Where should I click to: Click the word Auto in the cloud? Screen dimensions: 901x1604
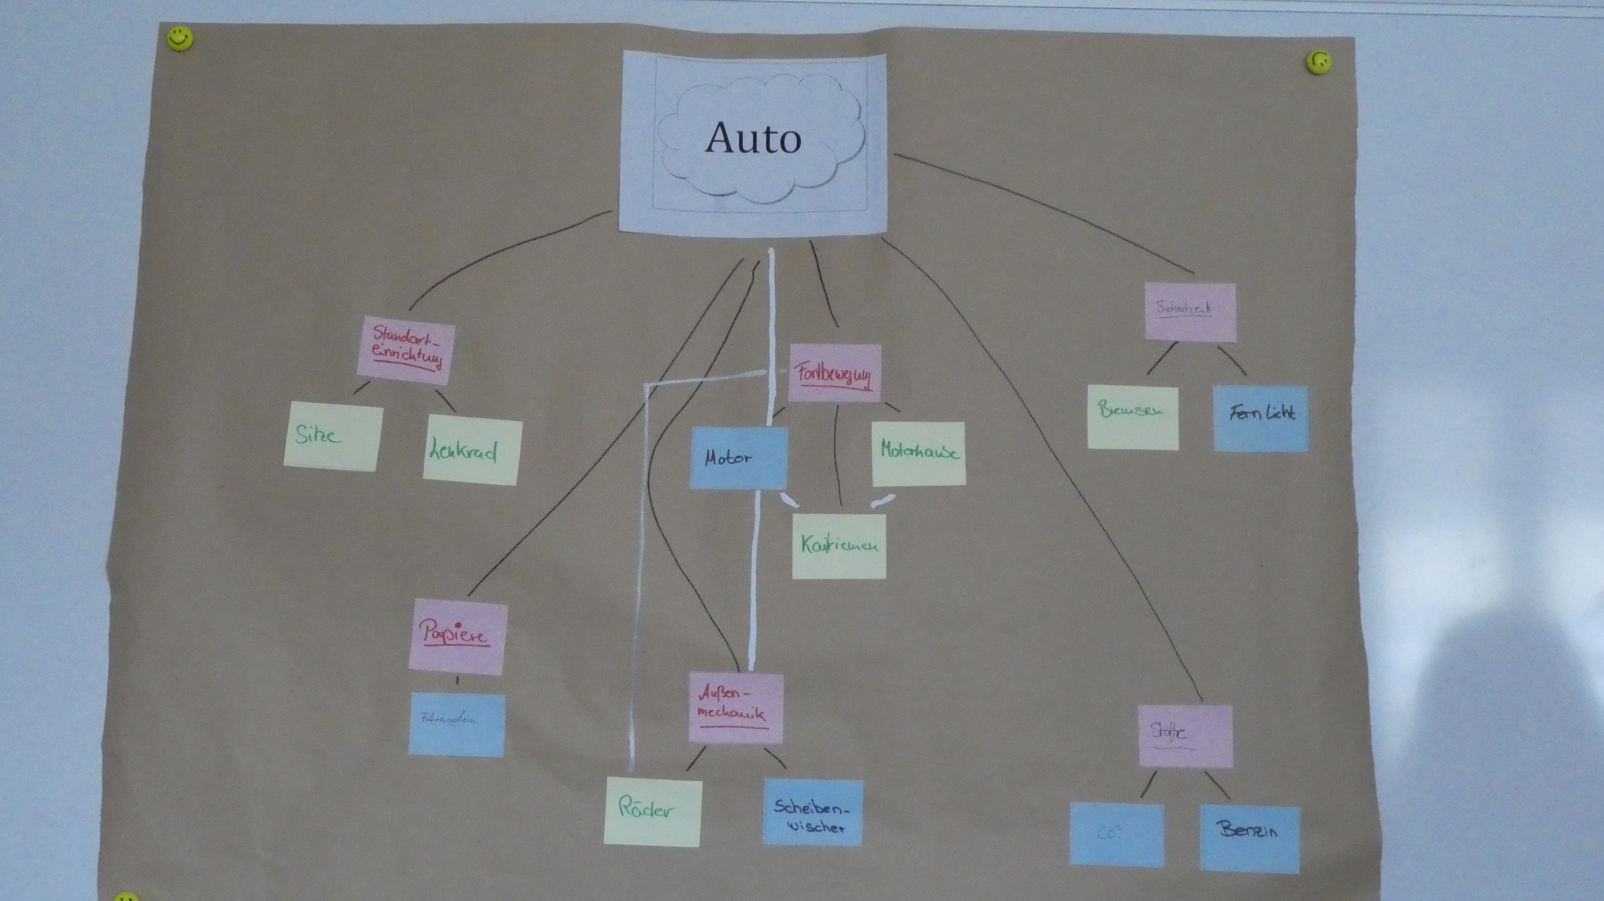point(754,138)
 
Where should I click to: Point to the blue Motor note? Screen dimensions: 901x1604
point(738,458)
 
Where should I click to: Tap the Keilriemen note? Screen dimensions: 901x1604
point(839,546)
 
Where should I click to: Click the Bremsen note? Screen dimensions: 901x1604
point(1133,417)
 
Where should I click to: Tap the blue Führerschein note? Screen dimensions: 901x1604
point(456,725)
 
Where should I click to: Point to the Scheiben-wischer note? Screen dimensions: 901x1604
point(812,813)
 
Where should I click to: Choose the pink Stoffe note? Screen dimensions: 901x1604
point(1185,736)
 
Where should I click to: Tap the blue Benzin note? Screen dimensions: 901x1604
point(1249,837)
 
